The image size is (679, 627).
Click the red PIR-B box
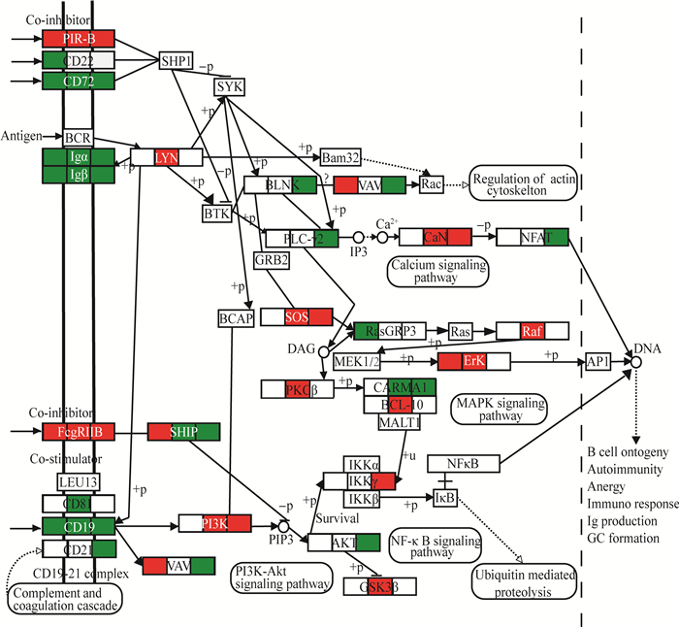[79, 38]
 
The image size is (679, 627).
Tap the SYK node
[230, 87]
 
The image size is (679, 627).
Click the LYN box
[167, 156]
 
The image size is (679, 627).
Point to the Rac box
[432, 183]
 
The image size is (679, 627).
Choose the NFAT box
[532, 236]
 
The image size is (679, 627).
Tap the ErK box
[473, 361]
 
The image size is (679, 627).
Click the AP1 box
[598, 361]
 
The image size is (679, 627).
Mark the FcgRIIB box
[79, 431]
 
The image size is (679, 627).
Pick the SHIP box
[183, 431]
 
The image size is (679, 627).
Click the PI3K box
[214, 523]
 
